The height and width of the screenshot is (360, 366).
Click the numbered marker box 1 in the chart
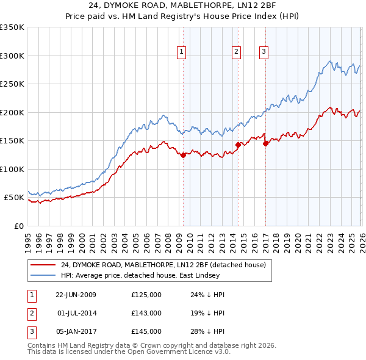(182, 52)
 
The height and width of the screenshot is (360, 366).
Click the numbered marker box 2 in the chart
(235, 52)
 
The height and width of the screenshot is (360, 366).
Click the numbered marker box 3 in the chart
(264, 52)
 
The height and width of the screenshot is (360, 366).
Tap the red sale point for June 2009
(183, 155)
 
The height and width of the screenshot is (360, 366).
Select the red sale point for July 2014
(237, 145)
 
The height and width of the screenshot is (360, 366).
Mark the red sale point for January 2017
(266, 144)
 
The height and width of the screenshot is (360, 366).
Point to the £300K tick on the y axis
(12, 56)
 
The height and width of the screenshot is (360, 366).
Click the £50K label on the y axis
(15, 198)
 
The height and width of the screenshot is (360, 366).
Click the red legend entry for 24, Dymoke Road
(163, 265)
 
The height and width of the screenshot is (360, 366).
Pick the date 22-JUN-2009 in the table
(76, 295)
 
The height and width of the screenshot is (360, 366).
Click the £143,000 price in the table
(146, 313)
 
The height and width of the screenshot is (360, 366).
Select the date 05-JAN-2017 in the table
(76, 331)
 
